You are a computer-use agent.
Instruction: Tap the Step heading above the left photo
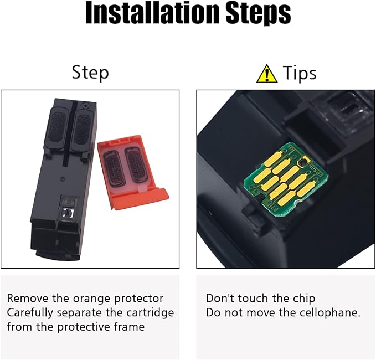90,73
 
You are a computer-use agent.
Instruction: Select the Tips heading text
300,73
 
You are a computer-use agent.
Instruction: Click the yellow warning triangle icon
267,74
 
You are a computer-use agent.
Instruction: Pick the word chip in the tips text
304,299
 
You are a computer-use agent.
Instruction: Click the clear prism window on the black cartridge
68,212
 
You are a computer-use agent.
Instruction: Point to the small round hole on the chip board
300,163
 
